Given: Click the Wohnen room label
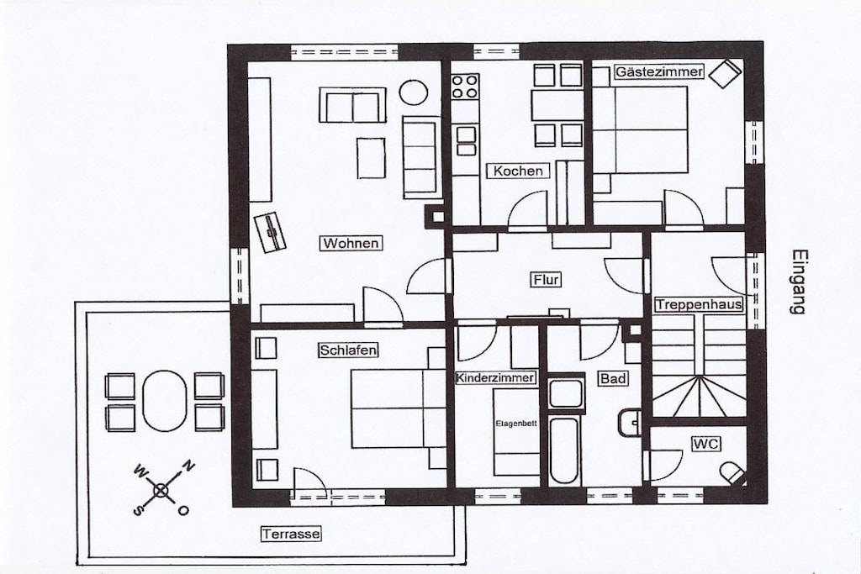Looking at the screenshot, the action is (351, 243).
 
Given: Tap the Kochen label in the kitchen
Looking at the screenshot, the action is (518, 171).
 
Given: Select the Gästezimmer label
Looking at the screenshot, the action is (659, 72).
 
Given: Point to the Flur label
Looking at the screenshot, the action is (547, 280).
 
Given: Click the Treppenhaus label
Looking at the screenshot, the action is (699, 304).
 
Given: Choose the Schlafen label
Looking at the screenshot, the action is (348, 350).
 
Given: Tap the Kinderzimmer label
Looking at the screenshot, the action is (495, 377).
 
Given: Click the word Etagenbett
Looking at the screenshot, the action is (516, 423).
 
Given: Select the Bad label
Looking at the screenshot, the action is (613, 379).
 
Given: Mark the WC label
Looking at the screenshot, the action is (706, 444).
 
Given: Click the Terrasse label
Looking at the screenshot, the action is (290, 534).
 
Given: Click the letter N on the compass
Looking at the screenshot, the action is (188, 467).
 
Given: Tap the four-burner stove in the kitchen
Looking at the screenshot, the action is (465, 87).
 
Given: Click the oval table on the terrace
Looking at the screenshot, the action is (164, 401).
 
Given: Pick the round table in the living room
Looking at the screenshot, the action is (414, 92).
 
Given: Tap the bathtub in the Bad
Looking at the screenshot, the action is (564, 451).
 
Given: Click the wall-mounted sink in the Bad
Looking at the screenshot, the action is (631, 422).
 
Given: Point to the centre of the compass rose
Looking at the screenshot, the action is (161, 491).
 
